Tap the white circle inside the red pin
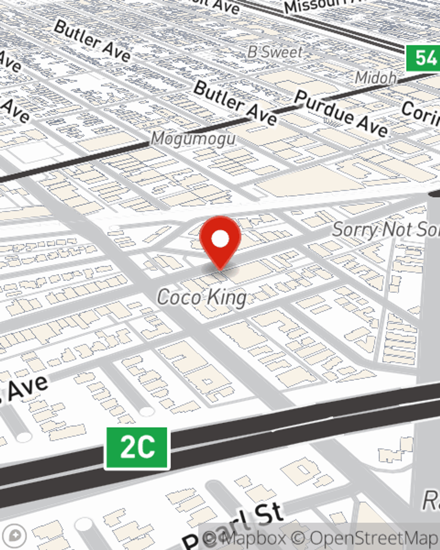(x=220, y=239)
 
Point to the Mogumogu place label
(x=193, y=139)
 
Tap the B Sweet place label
(x=275, y=52)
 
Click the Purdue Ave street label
(x=341, y=114)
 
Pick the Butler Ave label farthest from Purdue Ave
(x=92, y=40)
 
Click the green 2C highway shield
(x=137, y=448)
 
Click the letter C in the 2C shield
(x=147, y=448)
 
